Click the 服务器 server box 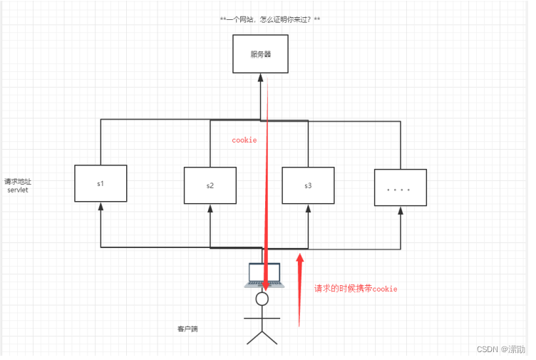coord(260,53)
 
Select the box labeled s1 coord(100,183)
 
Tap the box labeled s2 coord(210,185)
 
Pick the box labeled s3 coord(308,185)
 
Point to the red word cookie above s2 coord(244,140)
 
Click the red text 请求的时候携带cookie coord(356,289)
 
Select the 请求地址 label coord(18,182)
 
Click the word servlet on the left coord(18,191)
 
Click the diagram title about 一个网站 coord(270,19)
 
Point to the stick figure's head coord(262,299)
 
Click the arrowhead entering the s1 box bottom coord(100,206)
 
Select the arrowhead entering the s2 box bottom coord(210,208)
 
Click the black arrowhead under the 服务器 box coord(260,77)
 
